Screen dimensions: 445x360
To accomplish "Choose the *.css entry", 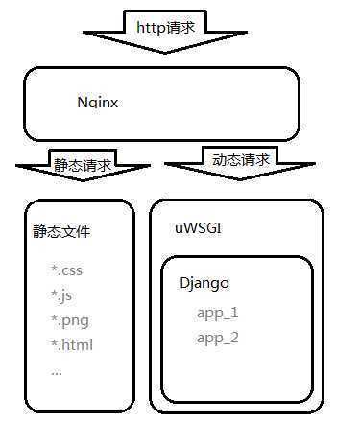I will [x=67, y=271].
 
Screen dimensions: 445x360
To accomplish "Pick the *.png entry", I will [x=69, y=320].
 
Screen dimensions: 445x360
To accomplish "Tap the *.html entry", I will [x=72, y=344].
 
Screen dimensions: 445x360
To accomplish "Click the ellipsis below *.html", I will [x=56, y=369].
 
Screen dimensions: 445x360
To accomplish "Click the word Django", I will [x=204, y=285].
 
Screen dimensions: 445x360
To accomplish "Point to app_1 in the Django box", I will [x=217, y=313].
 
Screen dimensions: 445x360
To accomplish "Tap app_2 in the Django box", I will [x=217, y=338].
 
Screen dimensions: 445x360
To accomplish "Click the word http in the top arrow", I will [x=155, y=28].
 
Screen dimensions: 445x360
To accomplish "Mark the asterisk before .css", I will [x=54, y=270].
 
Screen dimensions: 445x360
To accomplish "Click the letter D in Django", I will [x=185, y=285].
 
